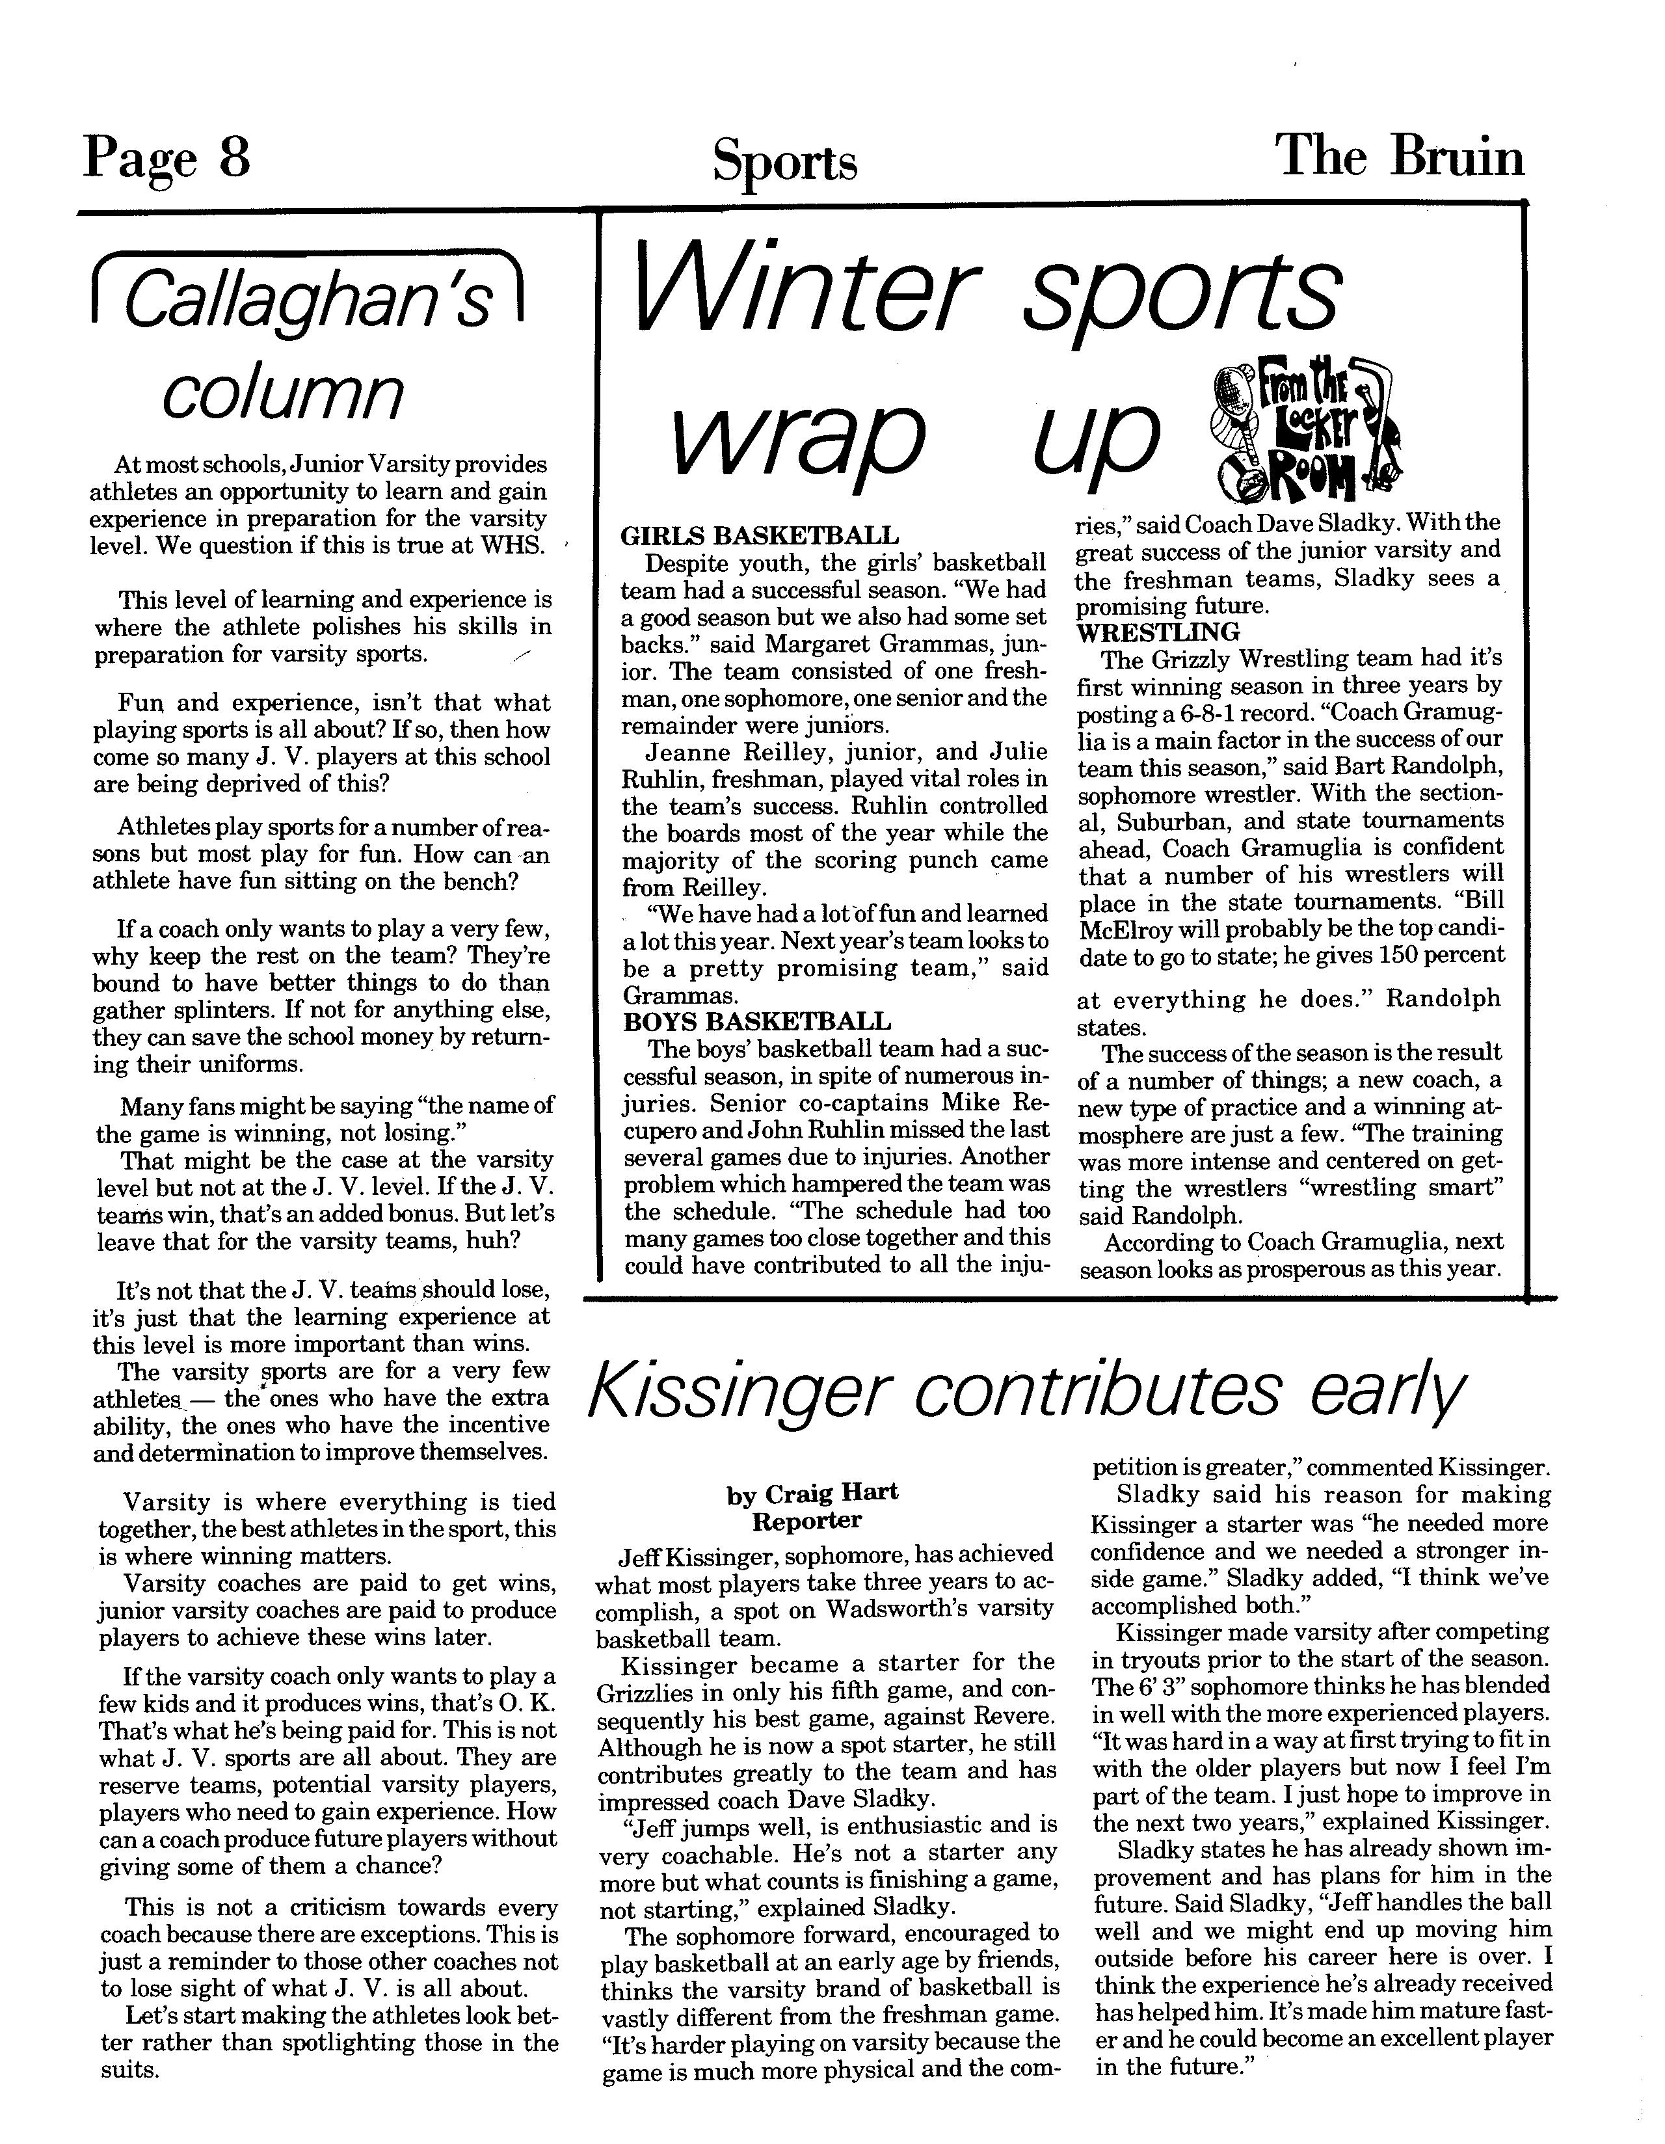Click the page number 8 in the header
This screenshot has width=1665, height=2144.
(233, 157)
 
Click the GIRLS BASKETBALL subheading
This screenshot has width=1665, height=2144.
(759, 536)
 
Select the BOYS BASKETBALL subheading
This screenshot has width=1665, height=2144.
(757, 1022)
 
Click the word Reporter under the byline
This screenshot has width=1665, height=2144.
(807, 1521)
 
